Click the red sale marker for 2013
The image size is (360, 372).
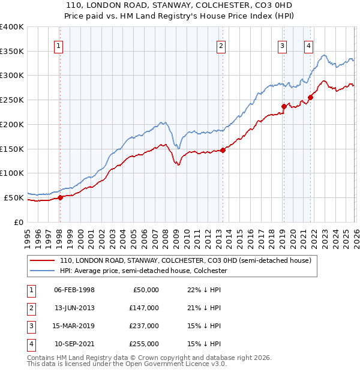pyautogui.click(x=223, y=150)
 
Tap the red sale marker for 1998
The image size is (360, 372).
pyautogui.click(x=60, y=197)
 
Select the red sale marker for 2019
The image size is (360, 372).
pyautogui.click(x=284, y=107)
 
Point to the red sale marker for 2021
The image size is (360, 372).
pyautogui.click(x=310, y=98)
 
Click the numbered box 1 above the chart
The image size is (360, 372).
pyautogui.click(x=59, y=46)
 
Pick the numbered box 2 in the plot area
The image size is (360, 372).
pyautogui.click(x=221, y=46)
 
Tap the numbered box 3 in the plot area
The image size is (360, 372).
pyautogui.click(x=282, y=46)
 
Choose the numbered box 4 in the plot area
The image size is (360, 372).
pyautogui.click(x=308, y=46)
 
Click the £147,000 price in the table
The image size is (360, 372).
pyautogui.click(x=144, y=308)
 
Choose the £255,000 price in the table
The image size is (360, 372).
pyautogui.click(x=144, y=344)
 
